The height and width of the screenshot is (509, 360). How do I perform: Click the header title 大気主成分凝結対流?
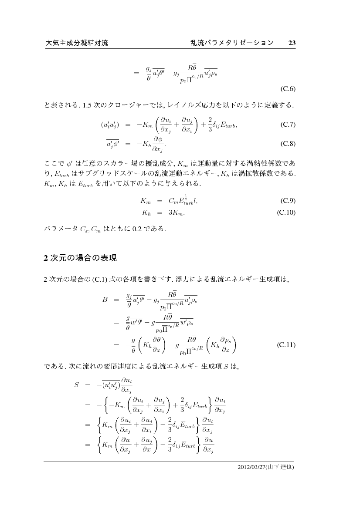click(76, 43)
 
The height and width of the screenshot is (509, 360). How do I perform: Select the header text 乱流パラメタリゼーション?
click(232, 43)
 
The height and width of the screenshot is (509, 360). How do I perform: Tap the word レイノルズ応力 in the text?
click(190, 105)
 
